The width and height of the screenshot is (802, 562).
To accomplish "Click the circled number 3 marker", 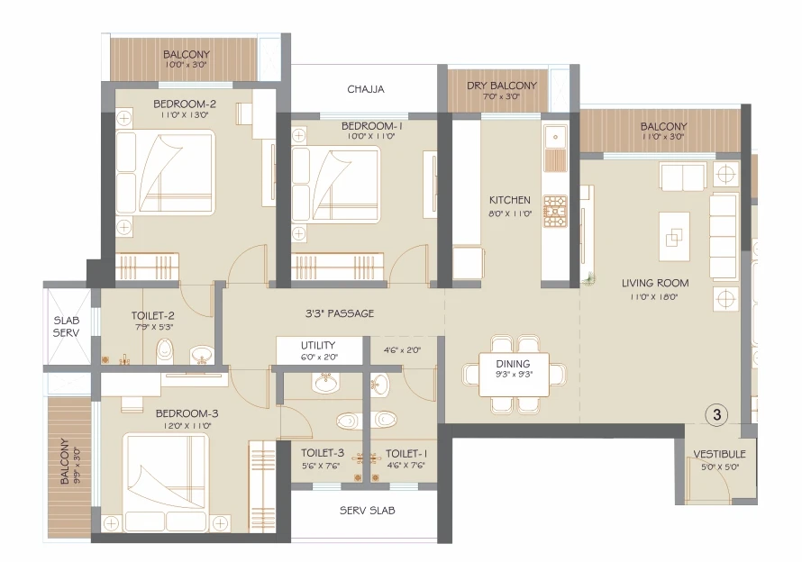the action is [x=716, y=414].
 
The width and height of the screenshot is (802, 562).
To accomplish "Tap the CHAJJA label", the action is [x=365, y=89].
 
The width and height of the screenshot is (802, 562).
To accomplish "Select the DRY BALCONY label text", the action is [x=501, y=86].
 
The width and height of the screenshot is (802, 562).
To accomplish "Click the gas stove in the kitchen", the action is [x=555, y=211].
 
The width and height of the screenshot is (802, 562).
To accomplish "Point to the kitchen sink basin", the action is [x=555, y=137].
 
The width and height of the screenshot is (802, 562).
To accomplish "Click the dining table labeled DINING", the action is [x=514, y=375].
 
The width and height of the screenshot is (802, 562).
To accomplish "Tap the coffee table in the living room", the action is [x=674, y=237].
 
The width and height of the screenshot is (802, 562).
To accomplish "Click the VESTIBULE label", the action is [x=719, y=454].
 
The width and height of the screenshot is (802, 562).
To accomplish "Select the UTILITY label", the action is [x=317, y=345].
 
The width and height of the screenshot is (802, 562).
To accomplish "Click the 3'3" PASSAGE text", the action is [x=340, y=313].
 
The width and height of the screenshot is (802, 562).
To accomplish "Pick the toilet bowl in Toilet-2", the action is [x=164, y=350].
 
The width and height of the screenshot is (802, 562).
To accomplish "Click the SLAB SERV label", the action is [x=67, y=326].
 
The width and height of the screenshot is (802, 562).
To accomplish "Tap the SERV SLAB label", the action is [x=368, y=511].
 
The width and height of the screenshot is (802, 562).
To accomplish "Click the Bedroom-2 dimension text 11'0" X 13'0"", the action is [x=185, y=115].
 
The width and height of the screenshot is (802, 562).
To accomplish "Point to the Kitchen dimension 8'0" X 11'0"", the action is [x=510, y=213].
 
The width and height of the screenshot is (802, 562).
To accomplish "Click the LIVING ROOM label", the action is [x=655, y=283].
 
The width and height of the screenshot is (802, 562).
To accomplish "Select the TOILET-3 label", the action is [x=323, y=453].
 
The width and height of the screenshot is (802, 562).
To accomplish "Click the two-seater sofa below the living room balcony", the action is [x=683, y=176].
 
